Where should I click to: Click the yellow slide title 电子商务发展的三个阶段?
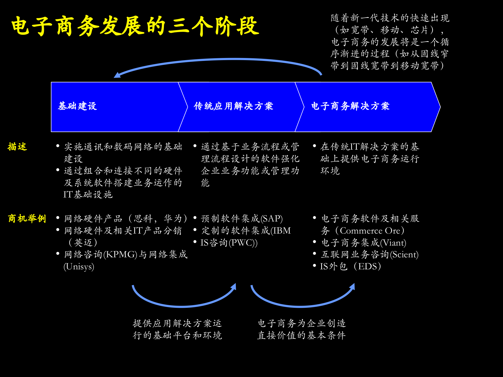(135, 26)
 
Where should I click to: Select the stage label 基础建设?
(77, 106)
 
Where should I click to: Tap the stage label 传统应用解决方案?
(233, 106)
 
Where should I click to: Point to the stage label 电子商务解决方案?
(350, 106)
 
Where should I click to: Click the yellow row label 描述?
(17, 147)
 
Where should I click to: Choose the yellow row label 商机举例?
(27, 219)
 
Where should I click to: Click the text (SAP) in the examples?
(272, 219)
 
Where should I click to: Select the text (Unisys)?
(79, 267)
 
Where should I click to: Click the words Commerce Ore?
(370, 231)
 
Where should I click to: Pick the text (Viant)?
(393, 243)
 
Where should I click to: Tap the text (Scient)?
(404, 254)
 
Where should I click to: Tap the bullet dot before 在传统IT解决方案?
(314, 146)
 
